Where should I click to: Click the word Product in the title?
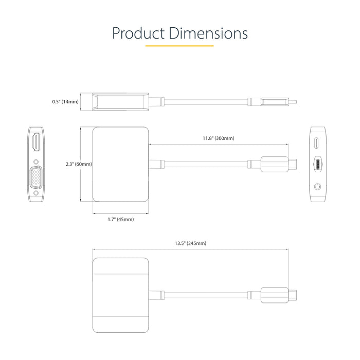pyautogui.click(x=137, y=34)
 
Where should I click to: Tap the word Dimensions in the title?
pyautogui.click(x=206, y=34)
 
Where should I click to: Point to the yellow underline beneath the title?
pyautogui.click(x=179, y=46)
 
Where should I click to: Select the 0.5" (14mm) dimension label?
pyautogui.click(x=65, y=102)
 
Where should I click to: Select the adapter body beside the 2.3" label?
pyautogui.click(x=121, y=164)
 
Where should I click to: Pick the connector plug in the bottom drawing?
pyautogui.click(x=278, y=296)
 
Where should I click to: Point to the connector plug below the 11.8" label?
pyautogui.click(x=278, y=164)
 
